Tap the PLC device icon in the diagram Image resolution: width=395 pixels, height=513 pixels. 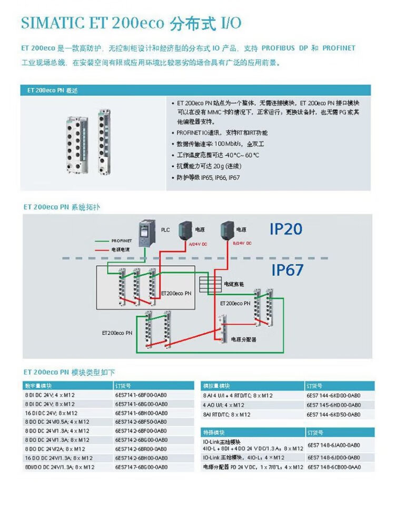click(145, 233)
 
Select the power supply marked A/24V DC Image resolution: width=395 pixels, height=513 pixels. click(186, 231)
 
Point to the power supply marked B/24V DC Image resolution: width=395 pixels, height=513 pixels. click(228, 231)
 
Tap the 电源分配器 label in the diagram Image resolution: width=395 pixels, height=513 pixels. click(243, 340)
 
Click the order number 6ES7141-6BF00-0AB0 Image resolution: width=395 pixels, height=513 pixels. click(141, 394)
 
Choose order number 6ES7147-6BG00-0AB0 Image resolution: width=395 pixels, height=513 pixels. click(141, 467)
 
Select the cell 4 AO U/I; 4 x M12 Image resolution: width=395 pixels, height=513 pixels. click(224, 405)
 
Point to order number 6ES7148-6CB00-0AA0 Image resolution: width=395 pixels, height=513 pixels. click(333, 467)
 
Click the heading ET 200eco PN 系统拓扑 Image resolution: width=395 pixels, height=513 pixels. click(62, 207)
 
